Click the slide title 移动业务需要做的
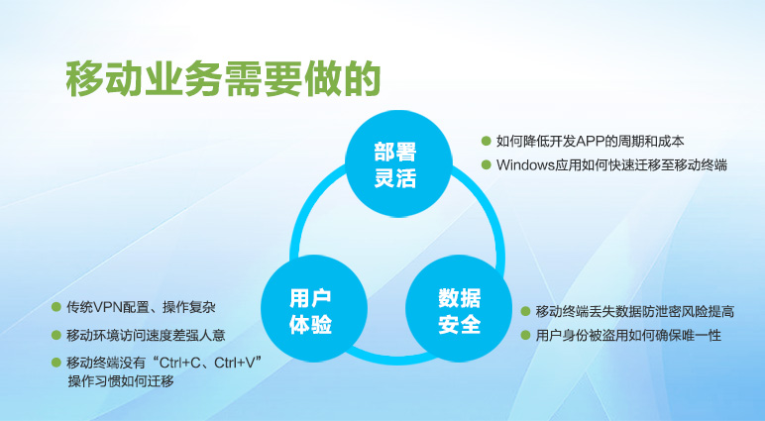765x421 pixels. (x=223, y=79)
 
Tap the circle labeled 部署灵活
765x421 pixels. (x=398, y=162)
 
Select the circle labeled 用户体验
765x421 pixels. (x=314, y=308)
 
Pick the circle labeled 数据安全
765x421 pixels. (x=459, y=308)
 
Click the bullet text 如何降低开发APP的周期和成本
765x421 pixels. (x=591, y=142)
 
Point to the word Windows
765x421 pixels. (x=525, y=164)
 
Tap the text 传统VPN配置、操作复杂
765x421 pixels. (x=141, y=307)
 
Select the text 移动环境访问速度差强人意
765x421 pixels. (x=146, y=335)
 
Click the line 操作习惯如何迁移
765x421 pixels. (x=121, y=381)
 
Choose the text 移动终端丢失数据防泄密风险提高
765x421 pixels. (x=635, y=311)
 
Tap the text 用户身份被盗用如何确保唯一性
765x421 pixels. (x=628, y=335)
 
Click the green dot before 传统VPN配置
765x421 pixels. (x=56, y=307)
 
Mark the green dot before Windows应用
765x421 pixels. (x=486, y=164)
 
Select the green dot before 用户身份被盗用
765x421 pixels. (x=525, y=335)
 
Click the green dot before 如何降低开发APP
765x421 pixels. (x=486, y=142)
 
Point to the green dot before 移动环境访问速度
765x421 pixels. (x=56, y=335)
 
